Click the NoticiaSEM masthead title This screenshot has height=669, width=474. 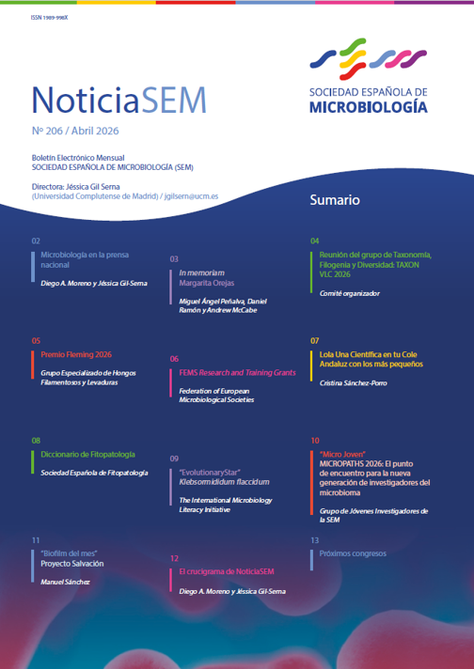pyautogui.click(x=118, y=97)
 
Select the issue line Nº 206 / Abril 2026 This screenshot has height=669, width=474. pyautogui.click(x=74, y=132)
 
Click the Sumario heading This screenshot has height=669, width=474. pyautogui.click(x=334, y=201)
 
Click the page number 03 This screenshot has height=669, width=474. pyautogui.click(x=174, y=257)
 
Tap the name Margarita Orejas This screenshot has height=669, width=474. pyautogui.click(x=206, y=282)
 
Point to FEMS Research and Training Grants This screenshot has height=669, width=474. pyautogui.click(x=237, y=373)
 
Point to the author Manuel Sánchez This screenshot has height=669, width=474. pyautogui.click(x=65, y=583)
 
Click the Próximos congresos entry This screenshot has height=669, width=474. pyautogui.click(x=353, y=554)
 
